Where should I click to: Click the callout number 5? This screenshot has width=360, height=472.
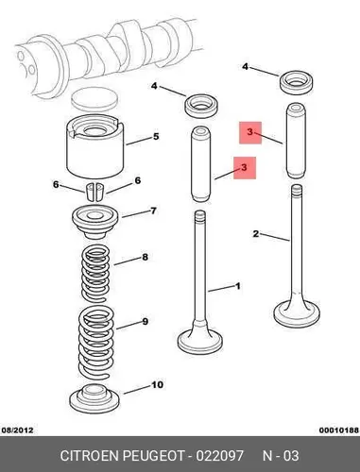pyautogui.click(x=156, y=137)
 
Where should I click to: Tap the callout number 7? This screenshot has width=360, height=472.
pyautogui.click(x=153, y=211)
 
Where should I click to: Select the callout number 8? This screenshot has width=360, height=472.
pyautogui.click(x=145, y=257)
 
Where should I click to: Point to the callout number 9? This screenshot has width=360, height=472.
pyautogui.click(x=145, y=322)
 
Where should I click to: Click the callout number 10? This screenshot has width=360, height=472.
pyautogui.click(x=157, y=385)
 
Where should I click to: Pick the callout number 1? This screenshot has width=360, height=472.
pyautogui.click(x=238, y=286)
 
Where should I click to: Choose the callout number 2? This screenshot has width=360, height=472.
pyautogui.click(x=256, y=234)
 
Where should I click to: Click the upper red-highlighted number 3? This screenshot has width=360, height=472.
pyautogui.click(x=250, y=132)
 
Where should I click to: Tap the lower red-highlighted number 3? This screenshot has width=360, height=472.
pyautogui.click(x=245, y=167)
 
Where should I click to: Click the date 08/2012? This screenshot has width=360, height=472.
pyautogui.click(x=18, y=430)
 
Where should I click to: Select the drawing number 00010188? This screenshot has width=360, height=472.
pyautogui.click(x=339, y=430)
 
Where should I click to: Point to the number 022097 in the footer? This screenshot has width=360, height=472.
pyautogui.click(x=220, y=456)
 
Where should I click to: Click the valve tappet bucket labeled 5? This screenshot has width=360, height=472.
pyautogui.click(x=94, y=147)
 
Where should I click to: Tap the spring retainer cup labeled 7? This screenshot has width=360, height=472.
pyautogui.click(x=95, y=222)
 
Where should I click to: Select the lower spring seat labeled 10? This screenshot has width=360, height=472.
pyautogui.click(x=94, y=398)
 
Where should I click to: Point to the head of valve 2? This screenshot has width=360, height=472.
pyautogui.click(x=297, y=312)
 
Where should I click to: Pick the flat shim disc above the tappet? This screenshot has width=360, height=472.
pyautogui.click(x=95, y=99)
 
